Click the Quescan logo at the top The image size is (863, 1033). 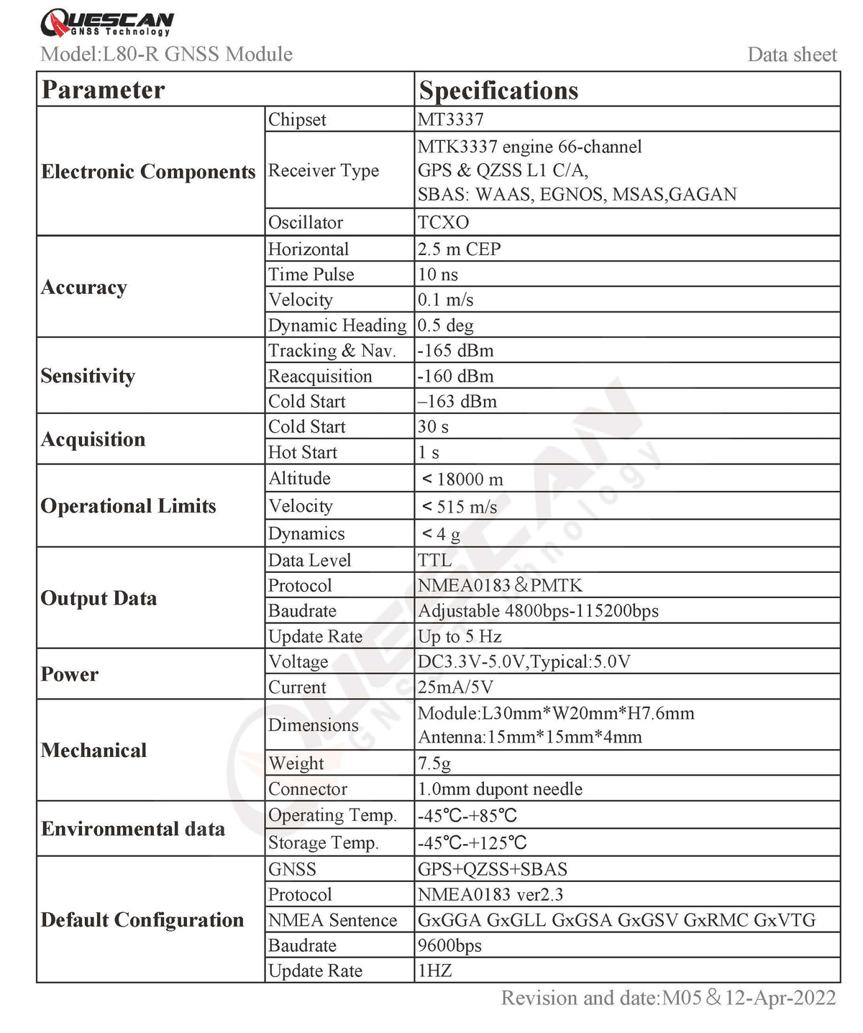click(106, 23)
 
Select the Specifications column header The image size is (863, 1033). click(498, 91)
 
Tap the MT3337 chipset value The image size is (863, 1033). click(451, 119)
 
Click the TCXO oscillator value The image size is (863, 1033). click(443, 222)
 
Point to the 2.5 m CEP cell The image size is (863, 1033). click(460, 249)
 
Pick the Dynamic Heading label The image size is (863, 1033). click(337, 326)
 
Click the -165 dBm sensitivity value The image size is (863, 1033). click(456, 351)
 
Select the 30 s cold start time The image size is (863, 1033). click(434, 427)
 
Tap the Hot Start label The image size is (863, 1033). click(302, 453)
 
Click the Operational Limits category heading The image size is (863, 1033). click(128, 506)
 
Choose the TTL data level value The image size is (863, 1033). click(435, 560)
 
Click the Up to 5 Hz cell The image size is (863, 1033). click(460, 637)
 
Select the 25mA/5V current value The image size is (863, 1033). click(456, 687)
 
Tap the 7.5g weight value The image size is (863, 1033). click(434, 763)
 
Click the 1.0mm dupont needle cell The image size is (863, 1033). click(500, 789)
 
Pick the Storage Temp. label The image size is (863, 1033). click(323, 843)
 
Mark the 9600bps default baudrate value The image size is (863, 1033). click(450, 946)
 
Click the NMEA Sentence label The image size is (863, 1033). click(332, 921)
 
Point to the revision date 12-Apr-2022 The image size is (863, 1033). click(780, 998)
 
